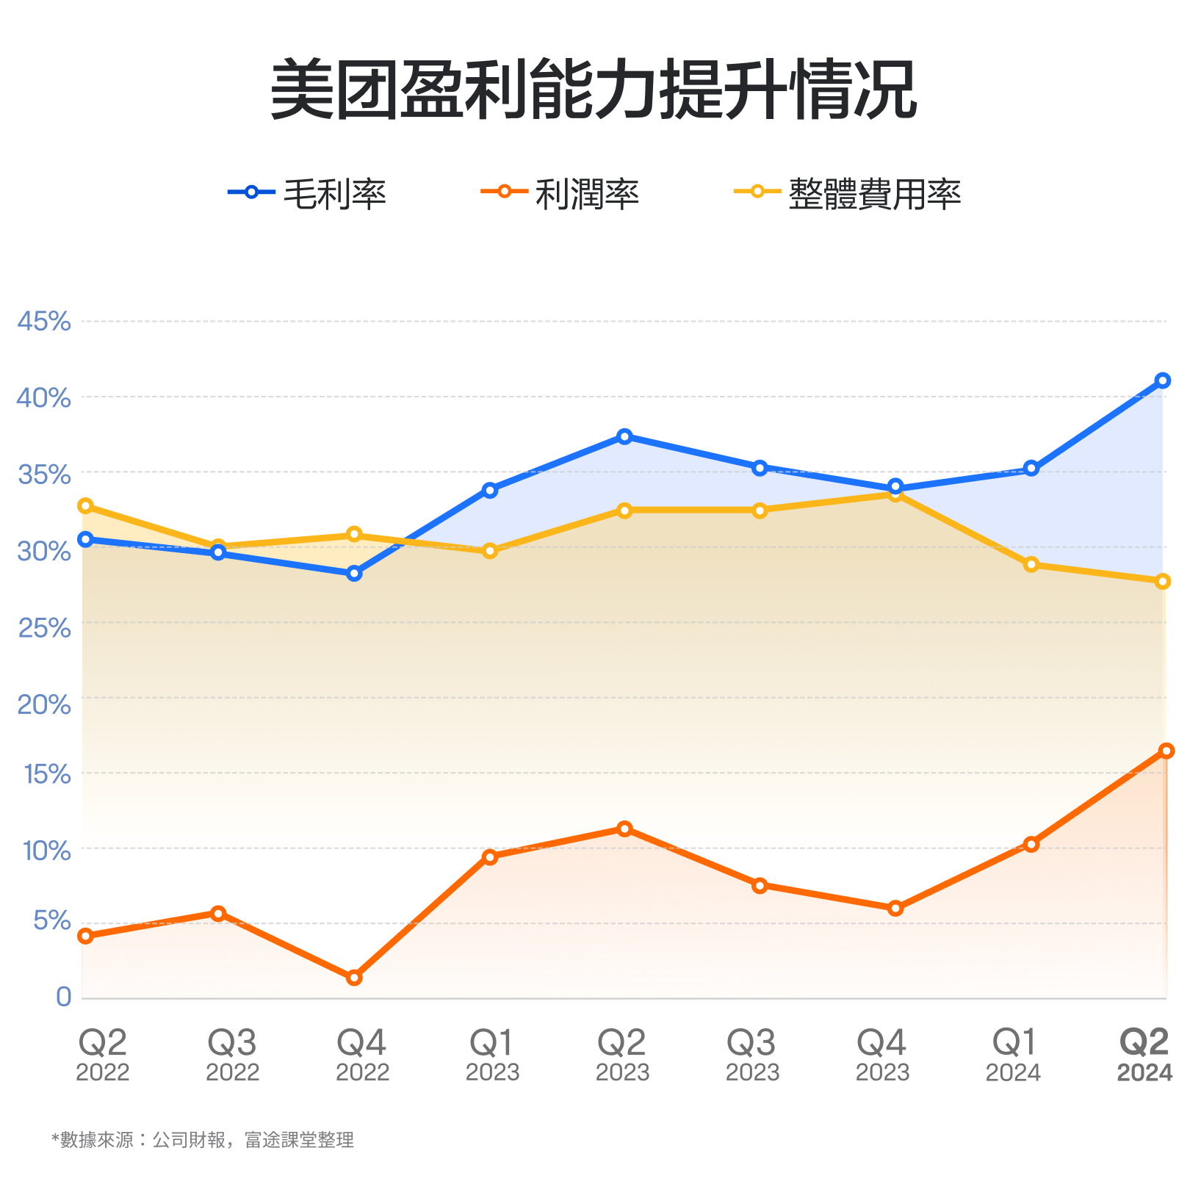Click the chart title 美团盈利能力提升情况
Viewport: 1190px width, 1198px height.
[594, 90]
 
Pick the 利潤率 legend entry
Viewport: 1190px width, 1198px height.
[560, 193]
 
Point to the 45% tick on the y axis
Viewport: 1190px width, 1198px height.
[44, 321]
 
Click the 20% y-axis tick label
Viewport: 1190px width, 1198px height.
[44, 704]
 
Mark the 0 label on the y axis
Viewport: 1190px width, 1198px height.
[64, 997]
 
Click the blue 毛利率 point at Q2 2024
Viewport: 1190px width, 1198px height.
[1162, 380]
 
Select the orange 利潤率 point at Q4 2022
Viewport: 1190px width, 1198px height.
[354, 978]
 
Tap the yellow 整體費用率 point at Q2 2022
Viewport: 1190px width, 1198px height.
[85, 505]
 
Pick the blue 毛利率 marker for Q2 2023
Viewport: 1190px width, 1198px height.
[624, 436]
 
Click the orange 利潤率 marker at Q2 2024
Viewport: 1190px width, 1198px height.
[1166, 751]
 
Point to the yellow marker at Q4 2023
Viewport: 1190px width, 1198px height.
[895, 494]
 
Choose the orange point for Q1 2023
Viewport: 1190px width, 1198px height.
[490, 857]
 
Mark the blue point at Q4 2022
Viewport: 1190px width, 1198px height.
[354, 574]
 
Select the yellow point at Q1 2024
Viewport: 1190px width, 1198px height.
[1031, 564]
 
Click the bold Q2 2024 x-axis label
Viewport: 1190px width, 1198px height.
[1144, 1056]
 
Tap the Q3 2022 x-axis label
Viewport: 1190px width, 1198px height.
[232, 1056]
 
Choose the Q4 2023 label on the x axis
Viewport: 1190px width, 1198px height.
[882, 1056]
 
